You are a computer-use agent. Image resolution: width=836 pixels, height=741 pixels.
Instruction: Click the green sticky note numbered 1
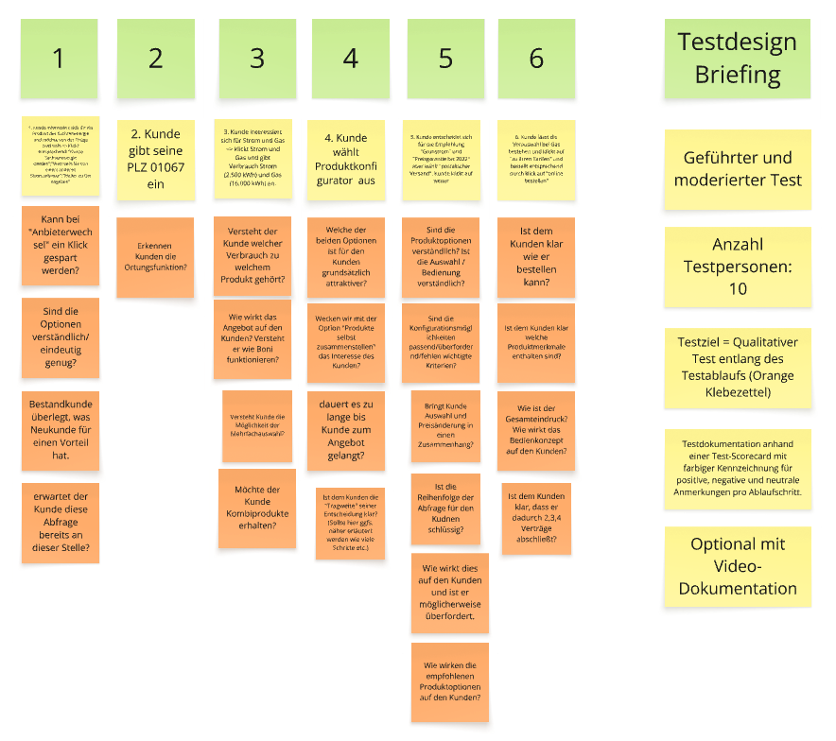click(59, 59)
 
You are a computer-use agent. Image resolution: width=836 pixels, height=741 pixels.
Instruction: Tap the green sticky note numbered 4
click(351, 59)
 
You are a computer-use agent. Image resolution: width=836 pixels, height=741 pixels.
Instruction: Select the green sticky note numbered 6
click(536, 59)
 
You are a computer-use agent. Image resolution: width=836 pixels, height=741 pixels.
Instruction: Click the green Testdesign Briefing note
click(737, 59)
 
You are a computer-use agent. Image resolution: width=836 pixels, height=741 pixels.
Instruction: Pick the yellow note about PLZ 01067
click(155, 158)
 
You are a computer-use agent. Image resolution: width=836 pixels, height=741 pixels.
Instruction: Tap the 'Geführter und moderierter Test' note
click(737, 169)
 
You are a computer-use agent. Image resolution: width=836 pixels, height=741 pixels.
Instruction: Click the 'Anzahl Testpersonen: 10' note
click(737, 267)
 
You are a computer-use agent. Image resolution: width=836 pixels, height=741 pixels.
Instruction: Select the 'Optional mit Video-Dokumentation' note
click(737, 566)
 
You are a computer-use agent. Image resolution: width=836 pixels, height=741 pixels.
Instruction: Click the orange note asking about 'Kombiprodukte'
click(256, 508)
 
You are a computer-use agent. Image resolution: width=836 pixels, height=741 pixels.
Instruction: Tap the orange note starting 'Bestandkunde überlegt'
click(61, 429)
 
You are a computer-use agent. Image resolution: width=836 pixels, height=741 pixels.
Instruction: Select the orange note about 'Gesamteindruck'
click(535, 430)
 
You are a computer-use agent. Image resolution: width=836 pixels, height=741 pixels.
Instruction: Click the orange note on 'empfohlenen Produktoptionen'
click(449, 681)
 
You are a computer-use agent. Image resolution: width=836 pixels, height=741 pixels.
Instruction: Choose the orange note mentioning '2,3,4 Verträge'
click(535, 519)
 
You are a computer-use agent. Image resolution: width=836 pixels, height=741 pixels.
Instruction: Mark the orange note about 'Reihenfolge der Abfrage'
click(449, 508)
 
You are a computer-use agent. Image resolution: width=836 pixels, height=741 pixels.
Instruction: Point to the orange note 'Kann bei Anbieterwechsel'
click(61, 244)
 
